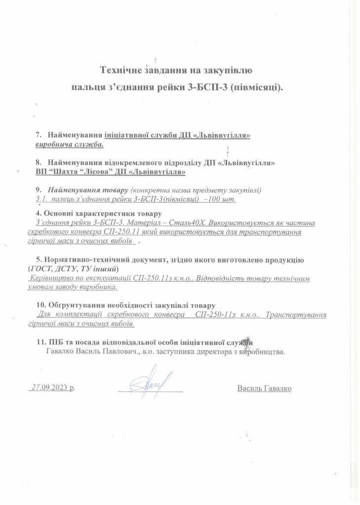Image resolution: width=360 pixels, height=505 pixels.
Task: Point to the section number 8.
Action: click(x=38, y=162)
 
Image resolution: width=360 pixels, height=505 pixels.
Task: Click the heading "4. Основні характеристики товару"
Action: click(x=99, y=214)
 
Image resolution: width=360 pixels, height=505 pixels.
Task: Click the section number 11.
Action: click(x=41, y=342)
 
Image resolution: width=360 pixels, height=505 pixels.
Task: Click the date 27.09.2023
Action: click(x=49, y=388)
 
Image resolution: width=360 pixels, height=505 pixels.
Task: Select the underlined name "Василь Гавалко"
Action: click(x=264, y=388)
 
